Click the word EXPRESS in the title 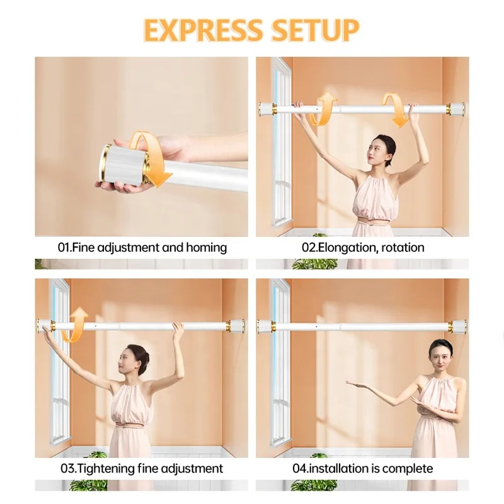coord(203,30)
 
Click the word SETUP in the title coord(315,30)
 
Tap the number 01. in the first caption coord(65,248)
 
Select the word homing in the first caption coord(207,248)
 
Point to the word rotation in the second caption coord(403,248)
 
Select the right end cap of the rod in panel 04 coord(458,326)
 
